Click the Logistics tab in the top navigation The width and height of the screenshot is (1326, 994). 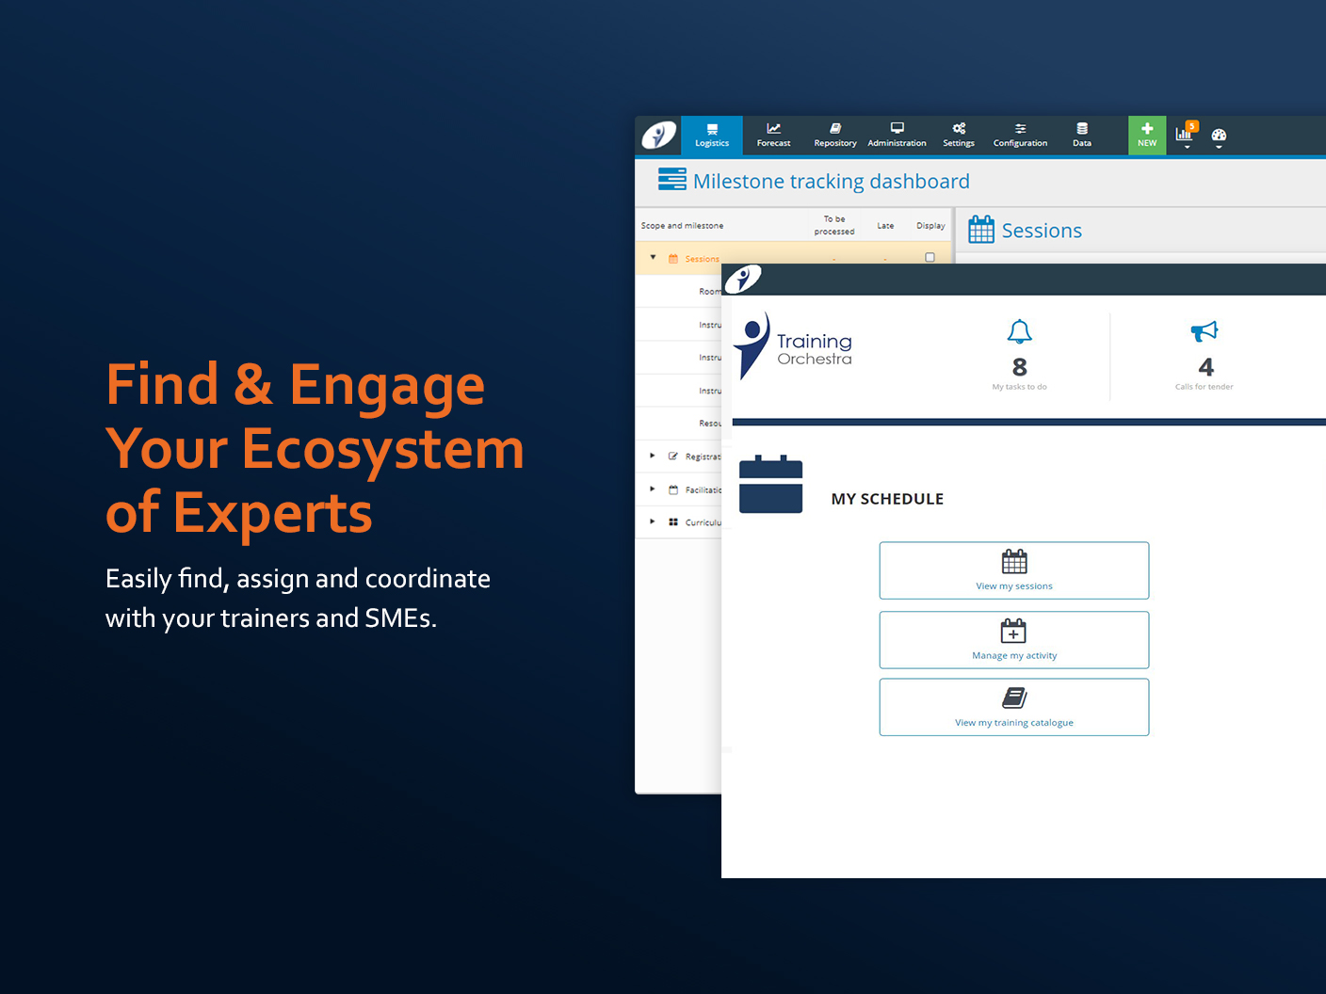click(712, 135)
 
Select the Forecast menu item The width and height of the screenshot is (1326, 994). click(773, 135)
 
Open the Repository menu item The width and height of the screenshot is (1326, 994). click(835, 135)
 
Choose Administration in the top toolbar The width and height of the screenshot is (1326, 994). click(897, 135)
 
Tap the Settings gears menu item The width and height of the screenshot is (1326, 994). click(959, 135)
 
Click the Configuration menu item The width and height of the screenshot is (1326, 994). click(1020, 135)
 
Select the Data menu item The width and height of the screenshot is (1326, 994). click(1082, 135)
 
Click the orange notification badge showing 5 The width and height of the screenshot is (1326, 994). click(1192, 126)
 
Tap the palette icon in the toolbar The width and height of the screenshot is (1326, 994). click(1219, 136)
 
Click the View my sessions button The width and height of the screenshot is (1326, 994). click(1014, 570)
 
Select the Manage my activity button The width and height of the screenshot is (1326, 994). click(1014, 640)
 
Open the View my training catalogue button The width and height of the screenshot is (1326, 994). click(1014, 707)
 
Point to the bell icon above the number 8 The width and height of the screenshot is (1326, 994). click(1019, 331)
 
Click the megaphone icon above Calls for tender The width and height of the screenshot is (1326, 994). click(1205, 331)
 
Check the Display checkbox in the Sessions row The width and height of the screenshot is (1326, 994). click(930, 257)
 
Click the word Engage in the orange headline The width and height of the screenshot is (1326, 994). click(387, 386)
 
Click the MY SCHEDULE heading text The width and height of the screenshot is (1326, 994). click(887, 499)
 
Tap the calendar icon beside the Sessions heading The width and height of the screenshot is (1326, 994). click(981, 230)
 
